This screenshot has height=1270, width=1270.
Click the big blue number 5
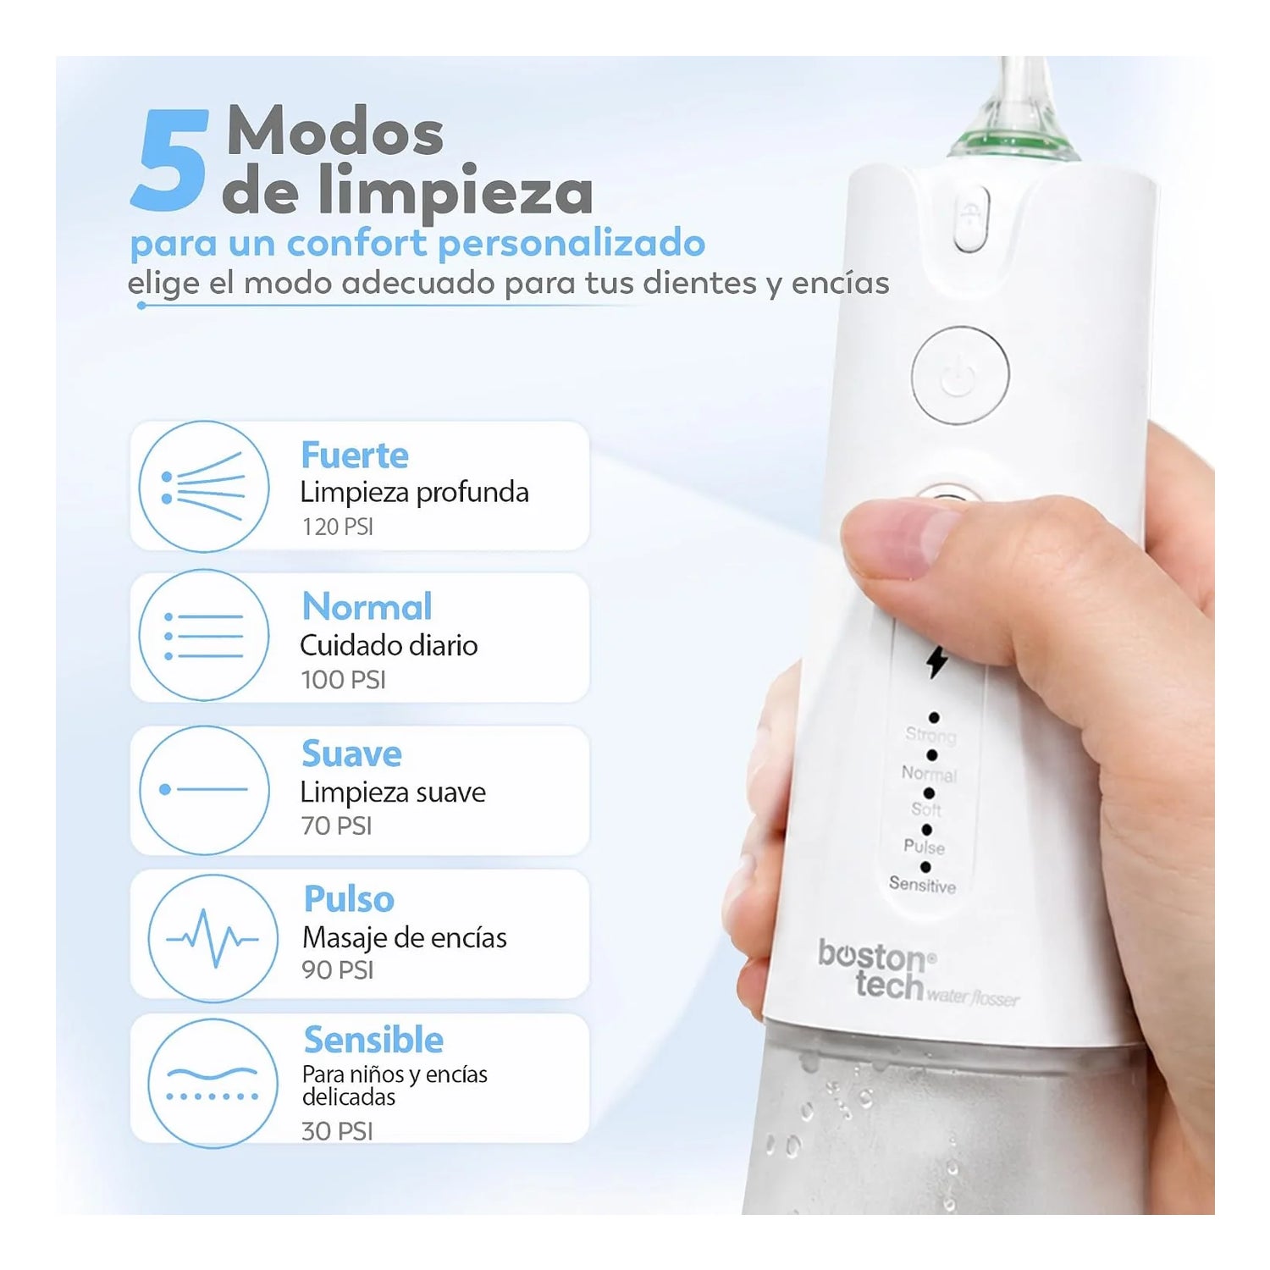[x=169, y=160]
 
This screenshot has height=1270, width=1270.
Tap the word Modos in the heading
[x=335, y=131]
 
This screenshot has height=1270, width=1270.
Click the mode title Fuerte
[x=355, y=456]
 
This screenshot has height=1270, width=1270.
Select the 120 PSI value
[x=338, y=527]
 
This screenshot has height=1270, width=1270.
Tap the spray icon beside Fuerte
[x=204, y=487]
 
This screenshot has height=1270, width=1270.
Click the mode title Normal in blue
[x=367, y=607]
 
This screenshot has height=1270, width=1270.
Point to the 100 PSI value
[x=344, y=680]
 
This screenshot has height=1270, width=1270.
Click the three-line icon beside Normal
[x=204, y=635]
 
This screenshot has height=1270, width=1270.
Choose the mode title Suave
[x=352, y=754]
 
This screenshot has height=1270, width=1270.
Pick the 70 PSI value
[x=337, y=825]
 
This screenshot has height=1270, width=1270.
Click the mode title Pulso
[x=349, y=899]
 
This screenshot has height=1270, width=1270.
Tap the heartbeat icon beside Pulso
[x=213, y=938]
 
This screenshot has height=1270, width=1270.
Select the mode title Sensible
[x=373, y=1040]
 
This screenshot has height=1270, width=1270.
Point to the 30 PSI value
[x=337, y=1131]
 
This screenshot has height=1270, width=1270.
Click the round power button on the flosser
[x=960, y=375]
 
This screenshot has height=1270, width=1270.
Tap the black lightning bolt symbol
[x=936, y=661]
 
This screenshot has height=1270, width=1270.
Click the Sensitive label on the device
[x=922, y=885]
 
